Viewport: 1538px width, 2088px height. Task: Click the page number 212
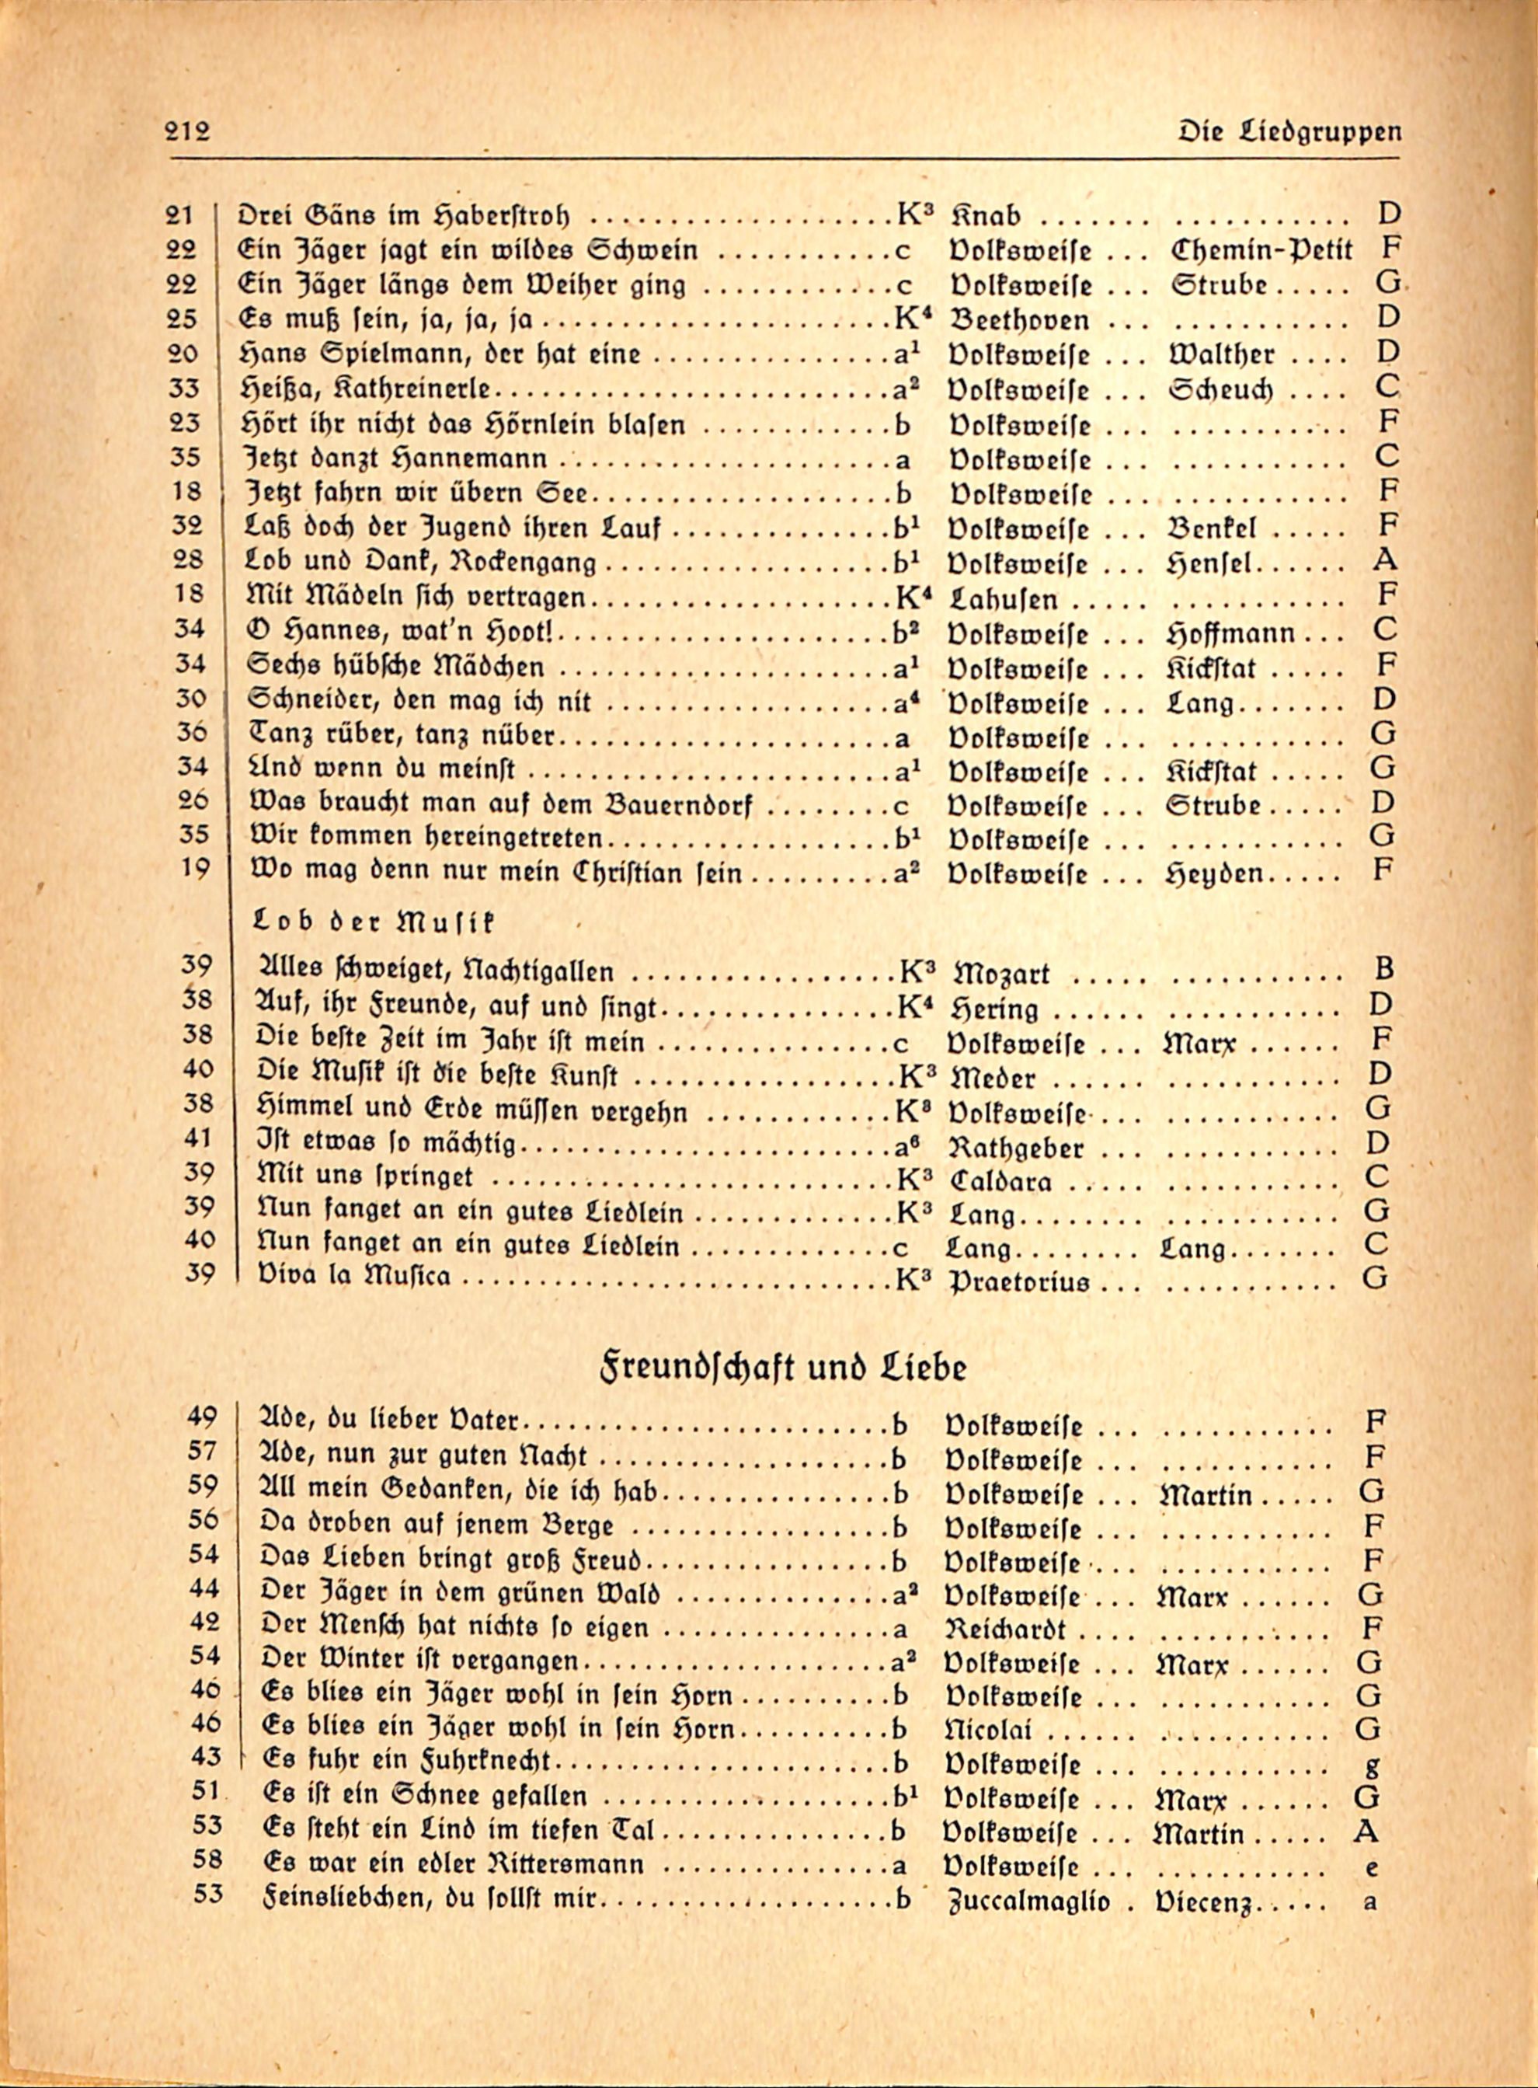point(188,131)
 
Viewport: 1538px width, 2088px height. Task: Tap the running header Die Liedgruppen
point(1289,131)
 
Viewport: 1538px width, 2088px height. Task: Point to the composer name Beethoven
point(1018,320)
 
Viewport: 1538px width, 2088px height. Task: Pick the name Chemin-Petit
point(1261,249)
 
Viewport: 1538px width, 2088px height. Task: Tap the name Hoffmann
point(1229,633)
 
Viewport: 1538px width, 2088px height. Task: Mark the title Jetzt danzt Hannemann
point(395,460)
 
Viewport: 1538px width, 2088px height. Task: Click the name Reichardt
point(1005,1630)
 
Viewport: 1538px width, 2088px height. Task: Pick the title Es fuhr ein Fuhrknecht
point(408,1762)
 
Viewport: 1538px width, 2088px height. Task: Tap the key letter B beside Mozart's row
point(1383,970)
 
